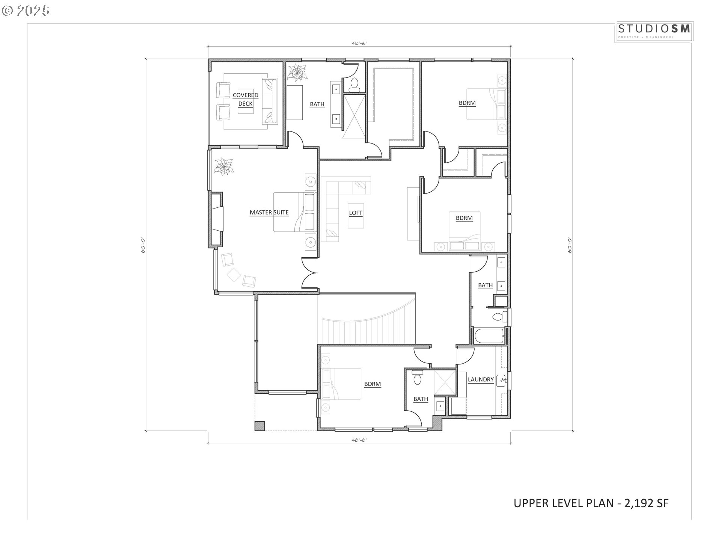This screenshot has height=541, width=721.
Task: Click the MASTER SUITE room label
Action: coord(269,213)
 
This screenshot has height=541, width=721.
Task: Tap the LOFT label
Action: coord(355,213)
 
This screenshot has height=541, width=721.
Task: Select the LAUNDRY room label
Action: coord(480,380)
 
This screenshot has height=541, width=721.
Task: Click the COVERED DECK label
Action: coord(245,100)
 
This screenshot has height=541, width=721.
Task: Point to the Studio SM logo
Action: coord(654,31)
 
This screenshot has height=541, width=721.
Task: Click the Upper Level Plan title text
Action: coord(591,503)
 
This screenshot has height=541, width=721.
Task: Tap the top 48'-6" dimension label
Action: coord(359,43)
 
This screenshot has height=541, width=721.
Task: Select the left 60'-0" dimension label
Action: coord(143,245)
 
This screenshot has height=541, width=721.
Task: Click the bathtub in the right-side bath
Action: coord(488,336)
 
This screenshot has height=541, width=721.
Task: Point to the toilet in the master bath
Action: coord(354,85)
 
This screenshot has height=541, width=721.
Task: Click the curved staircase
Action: coord(368,323)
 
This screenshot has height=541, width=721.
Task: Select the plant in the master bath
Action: coord(297,73)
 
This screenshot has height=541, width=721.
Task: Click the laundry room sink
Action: coord(502,381)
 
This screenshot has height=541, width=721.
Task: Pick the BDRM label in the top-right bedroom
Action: coord(467,103)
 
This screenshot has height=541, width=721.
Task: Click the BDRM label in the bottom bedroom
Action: coord(372,384)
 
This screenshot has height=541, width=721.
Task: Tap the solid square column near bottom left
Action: coord(259,426)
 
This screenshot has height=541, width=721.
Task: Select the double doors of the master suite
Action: coord(310,274)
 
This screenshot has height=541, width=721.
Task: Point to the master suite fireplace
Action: coord(217,220)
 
